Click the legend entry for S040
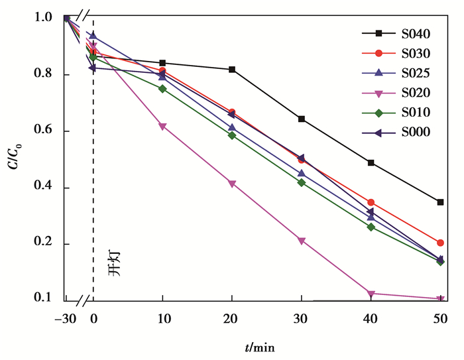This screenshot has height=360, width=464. (396, 33)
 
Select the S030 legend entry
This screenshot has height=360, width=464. (396, 53)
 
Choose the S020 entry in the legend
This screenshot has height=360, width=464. (396, 93)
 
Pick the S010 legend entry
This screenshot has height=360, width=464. (396, 113)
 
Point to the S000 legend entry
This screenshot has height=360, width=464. (396, 133)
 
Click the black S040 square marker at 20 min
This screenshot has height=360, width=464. (232, 70)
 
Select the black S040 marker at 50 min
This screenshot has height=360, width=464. (440, 202)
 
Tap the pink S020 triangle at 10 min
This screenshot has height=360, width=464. (162, 127)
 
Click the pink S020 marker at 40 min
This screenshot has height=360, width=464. (371, 293)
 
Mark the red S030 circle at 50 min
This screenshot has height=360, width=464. (440, 243)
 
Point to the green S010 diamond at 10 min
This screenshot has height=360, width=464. (162, 89)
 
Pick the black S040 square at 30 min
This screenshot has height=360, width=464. (302, 119)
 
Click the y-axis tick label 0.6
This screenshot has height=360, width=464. (46, 131)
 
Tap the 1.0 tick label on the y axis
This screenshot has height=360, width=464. (46, 18)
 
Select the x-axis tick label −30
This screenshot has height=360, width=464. (66, 318)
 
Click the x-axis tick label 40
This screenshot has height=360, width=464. (371, 318)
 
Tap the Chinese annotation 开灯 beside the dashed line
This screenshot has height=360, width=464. (115, 264)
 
